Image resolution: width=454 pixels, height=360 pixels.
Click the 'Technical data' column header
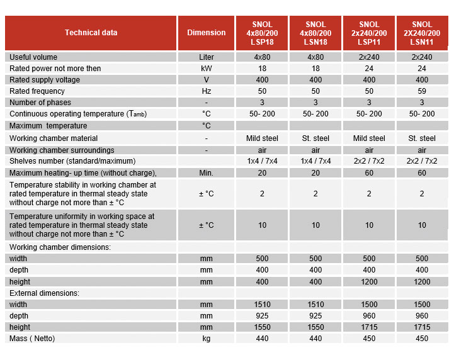tap(91, 33)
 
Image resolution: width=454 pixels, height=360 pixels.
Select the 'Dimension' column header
tap(206, 33)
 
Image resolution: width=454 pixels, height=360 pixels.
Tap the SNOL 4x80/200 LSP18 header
tap(262, 33)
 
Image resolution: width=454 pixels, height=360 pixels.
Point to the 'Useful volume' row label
tap(33, 57)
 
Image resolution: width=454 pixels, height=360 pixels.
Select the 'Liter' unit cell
tap(206, 57)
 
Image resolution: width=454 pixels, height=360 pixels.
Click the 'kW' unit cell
tap(206, 69)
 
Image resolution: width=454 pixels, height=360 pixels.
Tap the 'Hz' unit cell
tap(206, 91)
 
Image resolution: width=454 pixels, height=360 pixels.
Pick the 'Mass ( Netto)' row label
tap(32, 339)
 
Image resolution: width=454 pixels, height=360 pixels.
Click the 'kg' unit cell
tap(206, 339)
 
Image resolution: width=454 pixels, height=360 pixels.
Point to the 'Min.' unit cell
tap(206, 173)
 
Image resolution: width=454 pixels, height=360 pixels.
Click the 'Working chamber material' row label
tap(54, 138)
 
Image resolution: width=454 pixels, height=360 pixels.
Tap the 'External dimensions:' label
tap(43, 293)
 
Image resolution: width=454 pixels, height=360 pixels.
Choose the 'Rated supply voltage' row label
tap(45, 80)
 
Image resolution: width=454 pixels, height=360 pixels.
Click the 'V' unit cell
tap(206, 80)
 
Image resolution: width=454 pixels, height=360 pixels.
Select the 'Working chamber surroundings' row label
tap(62, 150)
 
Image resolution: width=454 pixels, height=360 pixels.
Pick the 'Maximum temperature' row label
tap(48, 126)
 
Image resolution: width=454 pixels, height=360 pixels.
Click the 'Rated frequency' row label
tap(37, 91)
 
